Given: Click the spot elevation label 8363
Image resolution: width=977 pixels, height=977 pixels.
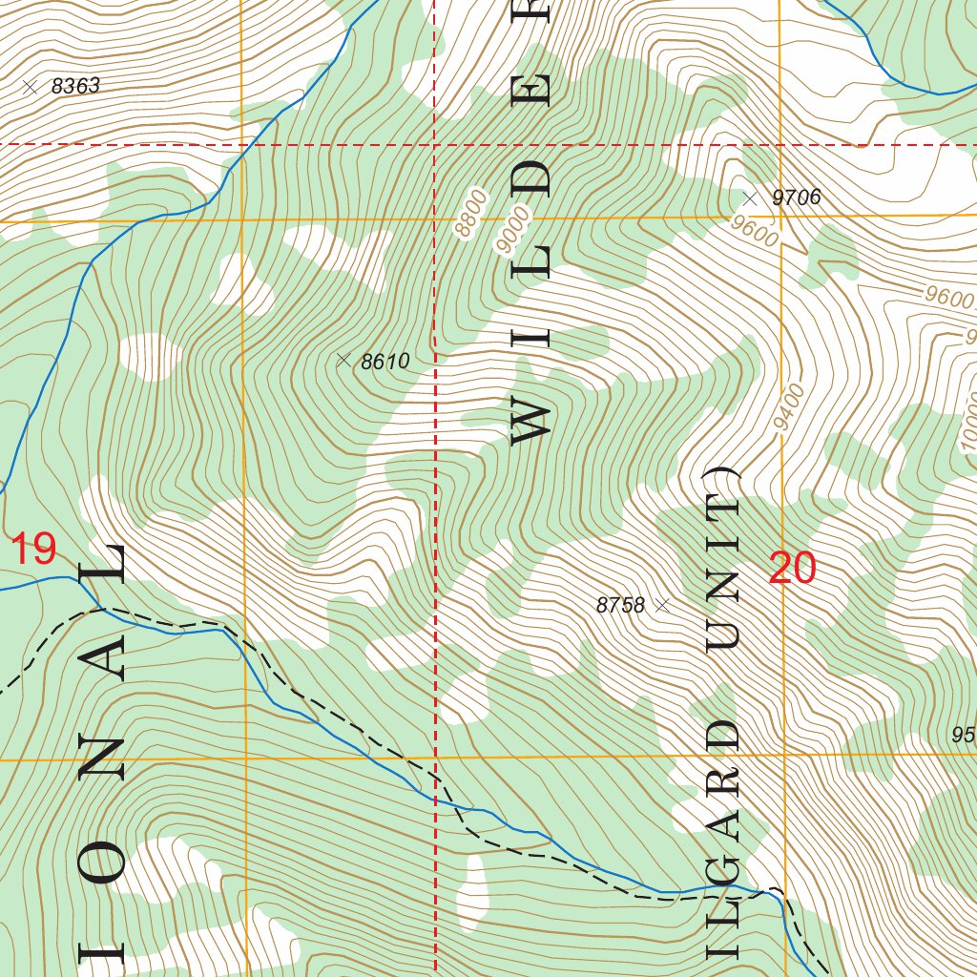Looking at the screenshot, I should [x=75, y=87].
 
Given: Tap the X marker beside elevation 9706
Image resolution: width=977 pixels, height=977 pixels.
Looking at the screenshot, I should [x=750, y=198].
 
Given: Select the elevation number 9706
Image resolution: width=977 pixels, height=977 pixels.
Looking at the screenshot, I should [x=796, y=198].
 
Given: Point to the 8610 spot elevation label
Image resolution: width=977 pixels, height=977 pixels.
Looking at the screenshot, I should [x=385, y=362].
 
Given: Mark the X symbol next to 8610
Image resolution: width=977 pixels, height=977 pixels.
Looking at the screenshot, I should [x=343, y=360].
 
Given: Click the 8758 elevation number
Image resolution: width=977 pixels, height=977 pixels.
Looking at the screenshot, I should [x=620, y=605].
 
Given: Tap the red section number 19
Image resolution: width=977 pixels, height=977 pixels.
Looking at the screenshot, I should [x=33, y=550].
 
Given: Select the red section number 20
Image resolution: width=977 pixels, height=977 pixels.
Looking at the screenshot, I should [x=792, y=569].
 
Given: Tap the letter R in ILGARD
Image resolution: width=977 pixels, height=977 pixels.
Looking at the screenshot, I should [x=722, y=780].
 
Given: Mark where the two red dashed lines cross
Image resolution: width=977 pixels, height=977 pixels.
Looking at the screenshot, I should [x=435, y=144].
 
